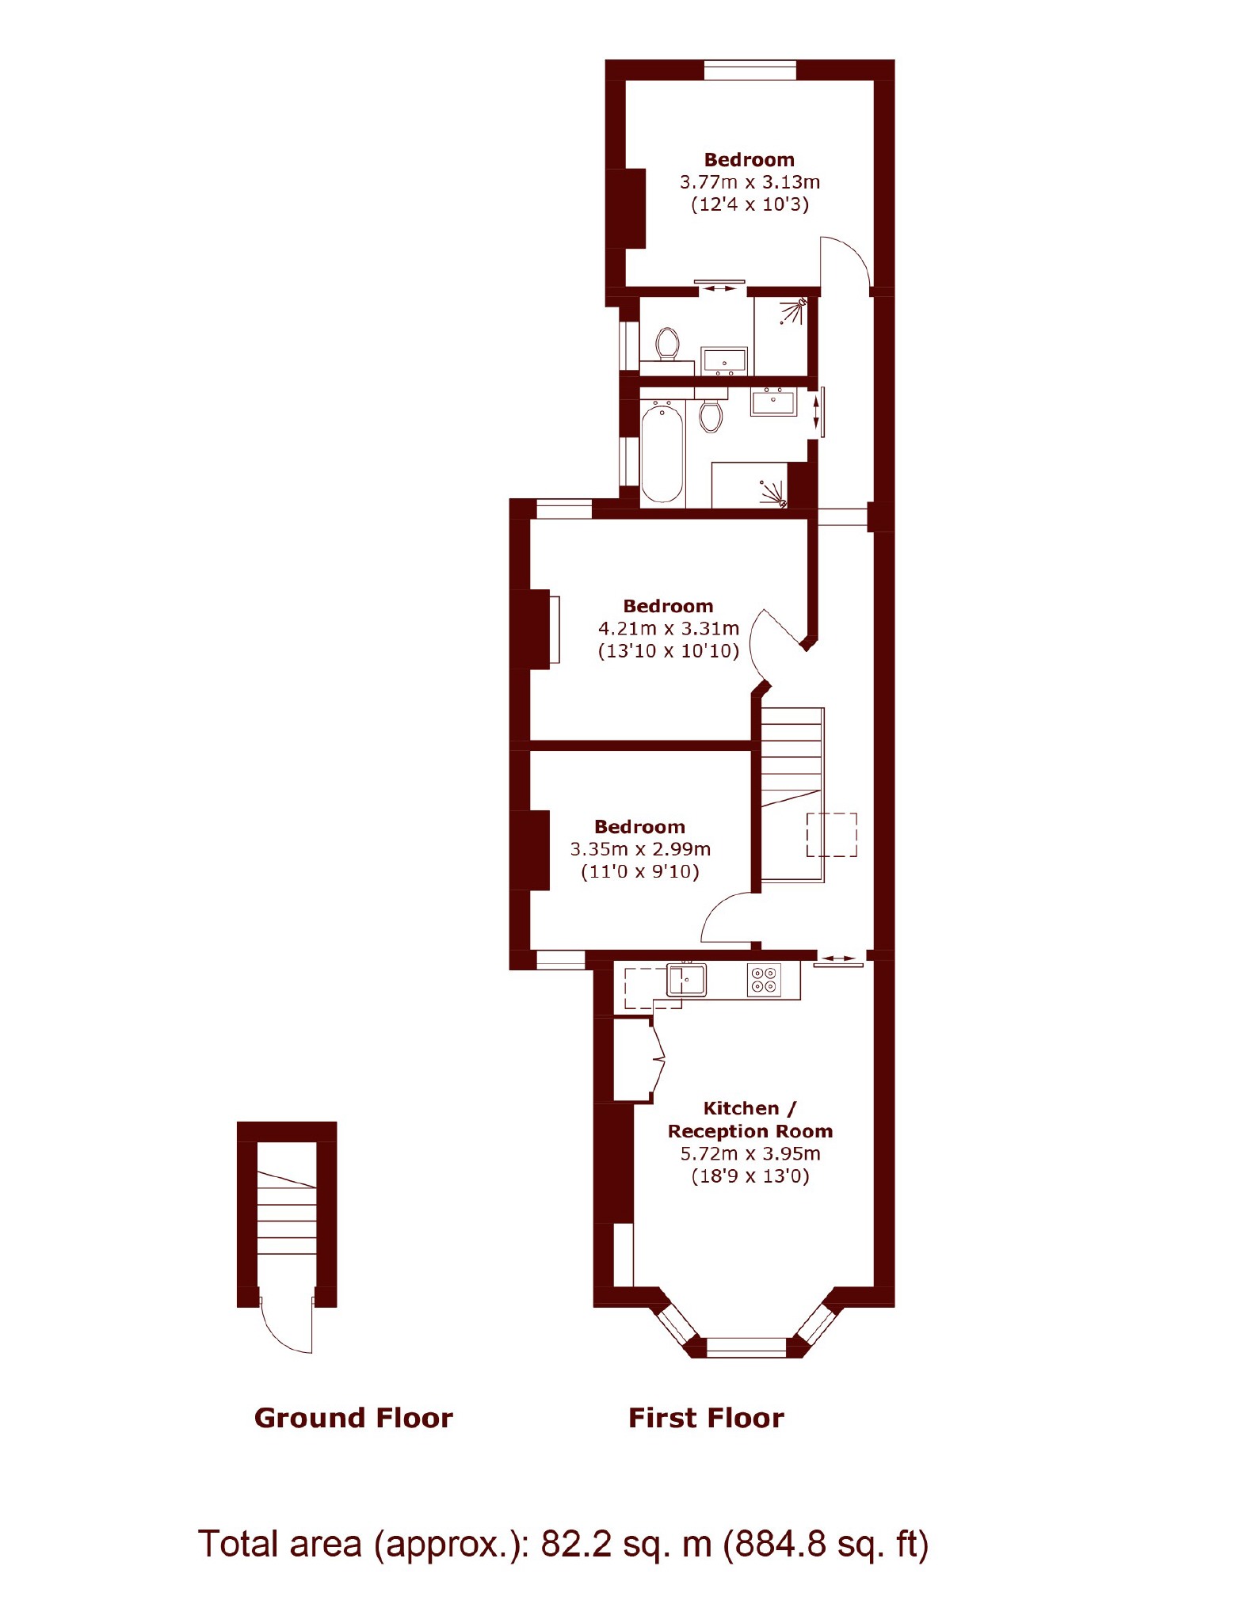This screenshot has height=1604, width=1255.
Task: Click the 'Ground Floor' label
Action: tap(353, 1417)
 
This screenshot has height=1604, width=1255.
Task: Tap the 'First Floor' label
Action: tap(706, 1417)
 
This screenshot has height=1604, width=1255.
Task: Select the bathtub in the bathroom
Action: tap(662, 452)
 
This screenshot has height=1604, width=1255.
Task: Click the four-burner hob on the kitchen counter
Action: tap(765, 979)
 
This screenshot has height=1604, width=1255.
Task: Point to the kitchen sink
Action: tap(686, 979)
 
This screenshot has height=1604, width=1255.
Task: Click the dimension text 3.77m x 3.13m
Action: tap(750, 182)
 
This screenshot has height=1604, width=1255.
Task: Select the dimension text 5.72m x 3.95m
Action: tap(750, 1153)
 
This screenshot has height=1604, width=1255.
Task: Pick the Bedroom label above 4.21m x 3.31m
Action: tap(668, 606)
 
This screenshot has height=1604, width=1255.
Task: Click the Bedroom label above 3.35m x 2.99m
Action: tap(639, 827)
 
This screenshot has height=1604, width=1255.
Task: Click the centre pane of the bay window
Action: tap(746, 1347)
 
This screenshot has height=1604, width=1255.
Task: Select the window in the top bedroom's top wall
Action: tap(750, 70)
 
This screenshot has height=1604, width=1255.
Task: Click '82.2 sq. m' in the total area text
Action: tap(626, 1545)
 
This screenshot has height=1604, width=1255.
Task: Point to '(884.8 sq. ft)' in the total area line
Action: tap(826, 1545)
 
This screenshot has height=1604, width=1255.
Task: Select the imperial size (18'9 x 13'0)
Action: tap(750, 1175)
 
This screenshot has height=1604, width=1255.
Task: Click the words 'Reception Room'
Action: tap(750, 1131)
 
